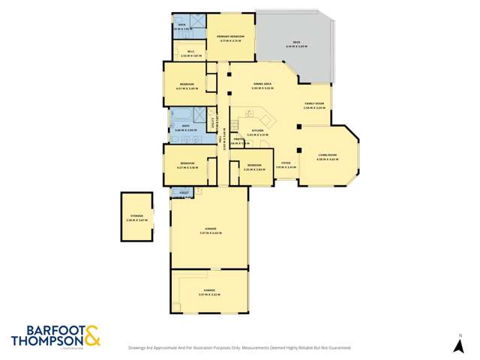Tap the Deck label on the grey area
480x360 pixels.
tap(296, 43)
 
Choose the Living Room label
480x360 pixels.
tap(327, 155)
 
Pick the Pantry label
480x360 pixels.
tap(238, 139)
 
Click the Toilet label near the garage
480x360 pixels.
tap(184, 193)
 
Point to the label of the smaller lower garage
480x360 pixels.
tap(209, 289)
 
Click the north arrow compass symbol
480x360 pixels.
tap(459, 346)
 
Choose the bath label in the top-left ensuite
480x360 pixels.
tap(181, 24)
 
